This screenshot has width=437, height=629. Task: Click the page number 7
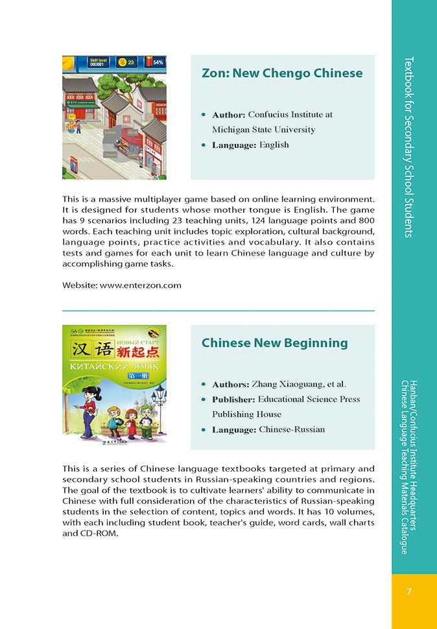click(x=409, y=591)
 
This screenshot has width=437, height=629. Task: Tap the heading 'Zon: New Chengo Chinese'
click(x=282, y=73)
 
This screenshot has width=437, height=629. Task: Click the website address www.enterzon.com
click(x=141, y=285)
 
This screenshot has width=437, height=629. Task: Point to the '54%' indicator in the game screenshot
click(x=158, y=63)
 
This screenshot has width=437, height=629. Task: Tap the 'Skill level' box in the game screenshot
click(x=98, y=62)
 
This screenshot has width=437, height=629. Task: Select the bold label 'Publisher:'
click(x=233, y=399)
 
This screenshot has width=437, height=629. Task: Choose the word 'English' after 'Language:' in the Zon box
click(x=274, y=145)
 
